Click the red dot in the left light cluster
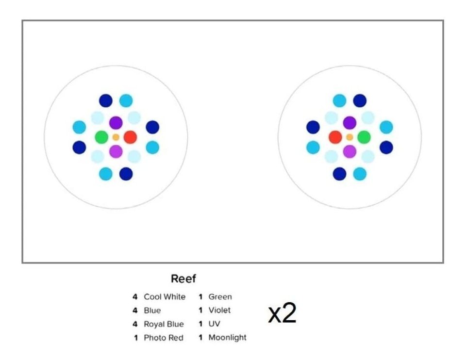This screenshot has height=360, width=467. pyautogui.click(x=130, y=137)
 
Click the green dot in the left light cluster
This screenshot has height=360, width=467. pyautogui.click(x=101, y=137)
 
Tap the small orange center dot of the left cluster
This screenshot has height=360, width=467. pyautogui.click(x=116, y=137)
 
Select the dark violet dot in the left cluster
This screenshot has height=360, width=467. pyautogui.click(x=116, y=123)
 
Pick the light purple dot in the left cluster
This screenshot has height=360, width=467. pyautogui.click(x=116, y=152)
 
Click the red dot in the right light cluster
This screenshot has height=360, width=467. pyautogui.click(x=335, y=137)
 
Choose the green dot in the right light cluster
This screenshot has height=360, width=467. pyautogui.click(x=364, y=137)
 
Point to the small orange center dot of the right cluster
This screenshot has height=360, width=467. pyautogui.click(x=350, y=137)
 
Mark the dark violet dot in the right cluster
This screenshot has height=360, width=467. pyautogui.click(x=350, y=123)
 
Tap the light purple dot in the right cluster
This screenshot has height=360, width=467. pyautogui.click(x=350, y=152)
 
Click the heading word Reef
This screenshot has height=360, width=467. pyautogui.click(x=183, y=279)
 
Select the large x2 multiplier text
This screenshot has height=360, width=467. pyautogui.click(x=282, y=314)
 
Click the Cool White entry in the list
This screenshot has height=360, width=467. pyautogui.click(x=165, y=297)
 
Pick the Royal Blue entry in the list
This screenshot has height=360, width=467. pyautogui.click(x=164, y=324)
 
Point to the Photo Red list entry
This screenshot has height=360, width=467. pyautogui.click(x=164, y=338)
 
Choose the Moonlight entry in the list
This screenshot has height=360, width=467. pyautogui.click(x=227, y=338)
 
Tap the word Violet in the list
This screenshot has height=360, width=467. pyautogui.click(x=219, y=311)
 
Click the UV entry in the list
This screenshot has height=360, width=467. pyautogui.click(x=214, y=324)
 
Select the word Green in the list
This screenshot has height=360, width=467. pyautogui.click(x=220, y=297)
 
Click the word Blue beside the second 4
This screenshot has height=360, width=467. pyautogui.click(x=152, y=311)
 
